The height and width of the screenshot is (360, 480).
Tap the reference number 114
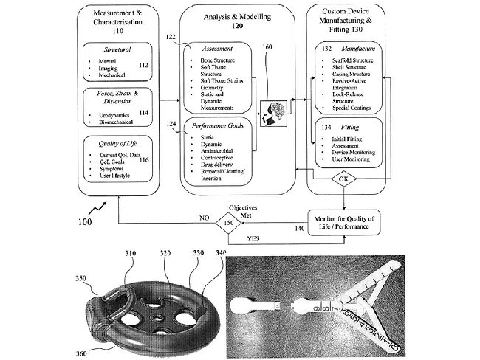144,112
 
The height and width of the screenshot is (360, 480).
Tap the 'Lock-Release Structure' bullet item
358,97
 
